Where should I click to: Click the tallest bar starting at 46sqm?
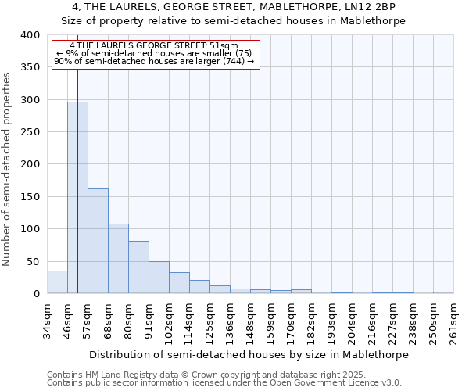(x=77, y=198)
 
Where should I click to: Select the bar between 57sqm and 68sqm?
(x=98, y=241)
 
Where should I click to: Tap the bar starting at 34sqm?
(x=57, y=282)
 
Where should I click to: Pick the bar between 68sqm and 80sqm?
(x=118, y=259)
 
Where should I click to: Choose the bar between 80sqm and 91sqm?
(x=138, y=267)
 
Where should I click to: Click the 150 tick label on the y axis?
(x=30, y=197)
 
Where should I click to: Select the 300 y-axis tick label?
(x=30, y=100)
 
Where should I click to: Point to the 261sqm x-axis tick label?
(x=454, y=321)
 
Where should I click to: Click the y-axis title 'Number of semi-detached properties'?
(x=8, y=169)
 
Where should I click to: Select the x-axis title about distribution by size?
(x=249, y=354)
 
